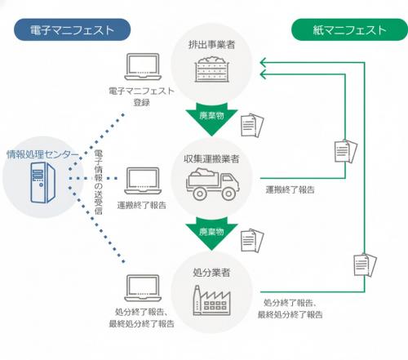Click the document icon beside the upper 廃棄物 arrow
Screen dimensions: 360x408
click(252, 124)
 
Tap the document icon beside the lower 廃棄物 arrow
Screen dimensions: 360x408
click(252, 239)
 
